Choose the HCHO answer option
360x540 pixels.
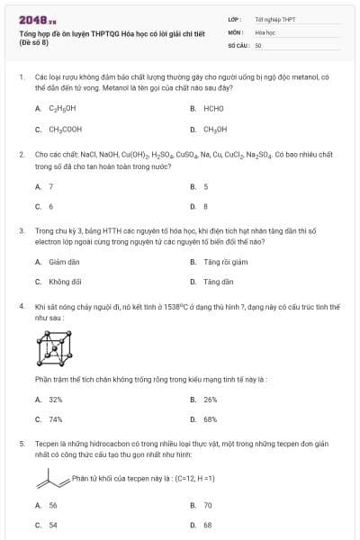[x=213, y=108]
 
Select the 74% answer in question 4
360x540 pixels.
[x=55, y=419]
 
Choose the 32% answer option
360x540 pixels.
[x=55, y=399]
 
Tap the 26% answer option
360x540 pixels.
[x=211, y=399]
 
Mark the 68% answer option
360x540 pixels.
[x=211, y=419]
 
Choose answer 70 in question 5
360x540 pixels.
[x=208, y=505]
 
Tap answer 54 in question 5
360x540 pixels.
[x=53, y=526]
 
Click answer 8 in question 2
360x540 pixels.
[x=206, y=206]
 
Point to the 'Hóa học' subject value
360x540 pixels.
[x=265, y=31]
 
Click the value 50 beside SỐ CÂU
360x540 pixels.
[x=258, y=44]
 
